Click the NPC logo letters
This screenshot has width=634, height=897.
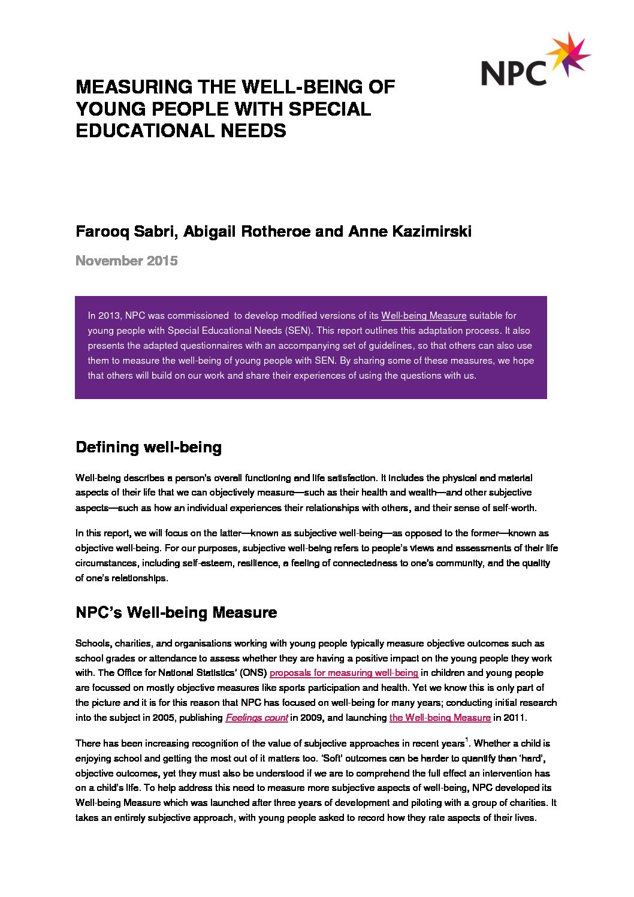tap(514, 73)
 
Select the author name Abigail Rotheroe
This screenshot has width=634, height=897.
tap(246, 231)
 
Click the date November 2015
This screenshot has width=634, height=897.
tap(126, 261)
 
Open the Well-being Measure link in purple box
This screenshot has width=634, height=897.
tap(423, 316)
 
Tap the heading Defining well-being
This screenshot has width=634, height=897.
tap(149, 448)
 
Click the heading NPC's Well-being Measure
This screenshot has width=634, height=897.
tap(176, 613)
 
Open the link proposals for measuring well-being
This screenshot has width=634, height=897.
tap(343, 673)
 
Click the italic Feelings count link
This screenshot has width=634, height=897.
tap(256, 718)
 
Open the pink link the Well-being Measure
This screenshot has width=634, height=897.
tap(440, 718)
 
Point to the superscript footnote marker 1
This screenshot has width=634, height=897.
tap(467, 740)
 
